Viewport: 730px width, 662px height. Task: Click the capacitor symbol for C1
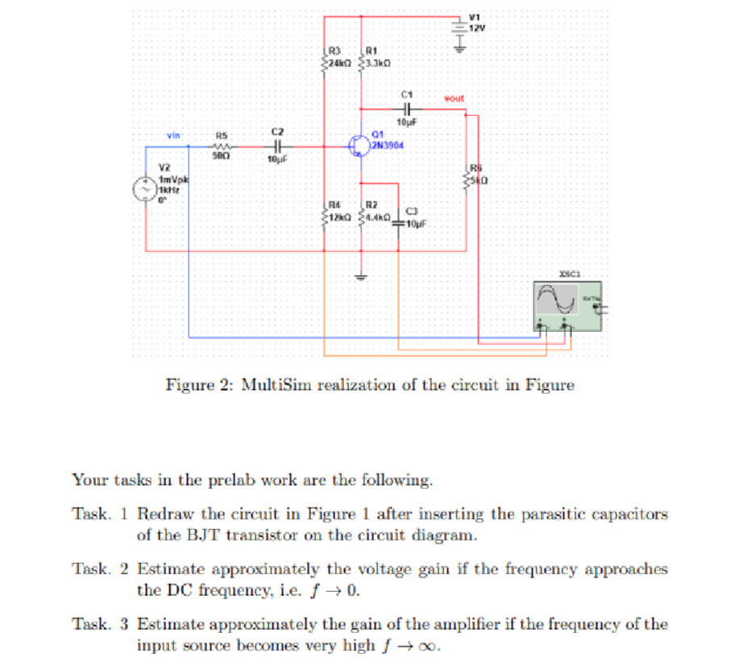click(x=405, y=110)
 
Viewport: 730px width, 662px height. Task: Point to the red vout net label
click(x=455, y=99)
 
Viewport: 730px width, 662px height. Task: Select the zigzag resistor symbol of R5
click(x=222, y=147)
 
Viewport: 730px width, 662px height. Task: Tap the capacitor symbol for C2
click(x=276, y=147)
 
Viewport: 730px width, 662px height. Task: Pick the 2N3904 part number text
click(x=389, y=147)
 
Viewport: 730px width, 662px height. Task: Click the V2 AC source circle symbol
click(x=145, y=189)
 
